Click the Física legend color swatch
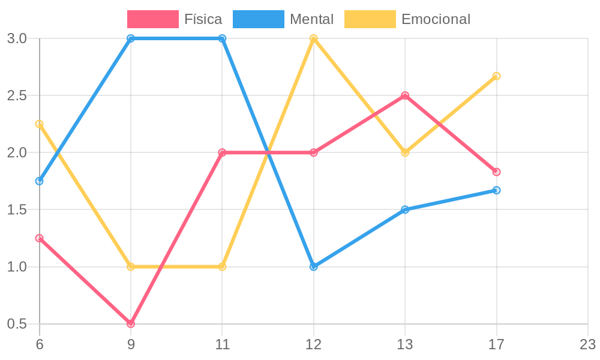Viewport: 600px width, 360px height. coord(152,19)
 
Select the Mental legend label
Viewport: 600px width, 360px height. coord(311,19)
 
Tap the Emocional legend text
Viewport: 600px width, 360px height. coord(436,19)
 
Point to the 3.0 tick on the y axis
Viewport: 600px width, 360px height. coord(17,38)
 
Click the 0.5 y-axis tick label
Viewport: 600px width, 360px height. coord(17,324)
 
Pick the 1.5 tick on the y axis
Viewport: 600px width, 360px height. coord(17,210)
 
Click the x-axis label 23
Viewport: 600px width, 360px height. coord(587,345)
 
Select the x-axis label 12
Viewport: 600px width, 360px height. coord(314,345)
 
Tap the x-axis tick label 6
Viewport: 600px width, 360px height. coord(40,345)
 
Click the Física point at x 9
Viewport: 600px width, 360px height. coord(131,324)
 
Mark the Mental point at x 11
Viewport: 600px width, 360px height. coord(222,38)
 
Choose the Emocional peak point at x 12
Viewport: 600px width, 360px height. coord(314,38)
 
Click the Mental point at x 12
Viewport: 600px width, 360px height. coord(314,266)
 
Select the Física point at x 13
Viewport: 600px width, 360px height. coord(405,95)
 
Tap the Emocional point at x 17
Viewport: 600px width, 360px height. coord(496,76)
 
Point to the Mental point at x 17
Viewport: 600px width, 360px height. coord(496,190)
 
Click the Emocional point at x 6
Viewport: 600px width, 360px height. coord(40,124)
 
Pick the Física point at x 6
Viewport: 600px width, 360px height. coord(40,238)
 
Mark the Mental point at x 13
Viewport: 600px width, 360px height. coord(405,209)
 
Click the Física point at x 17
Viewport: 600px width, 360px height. coord(496,172)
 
